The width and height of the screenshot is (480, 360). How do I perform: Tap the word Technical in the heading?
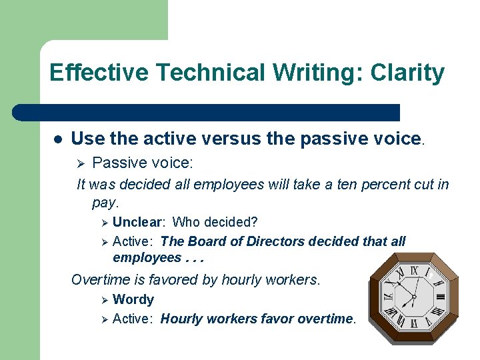[x=202, y=73]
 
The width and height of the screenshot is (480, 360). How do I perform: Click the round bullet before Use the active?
[x=58, y=139]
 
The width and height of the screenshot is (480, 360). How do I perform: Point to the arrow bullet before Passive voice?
[x=81, y=162]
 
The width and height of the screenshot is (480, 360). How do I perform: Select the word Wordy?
[x=133, y=299]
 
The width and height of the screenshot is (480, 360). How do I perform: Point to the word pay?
[x=105, y=201]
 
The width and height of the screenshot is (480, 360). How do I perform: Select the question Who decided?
[x=215, y=221]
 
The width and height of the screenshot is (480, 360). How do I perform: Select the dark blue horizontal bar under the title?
[x=207, y=112]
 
